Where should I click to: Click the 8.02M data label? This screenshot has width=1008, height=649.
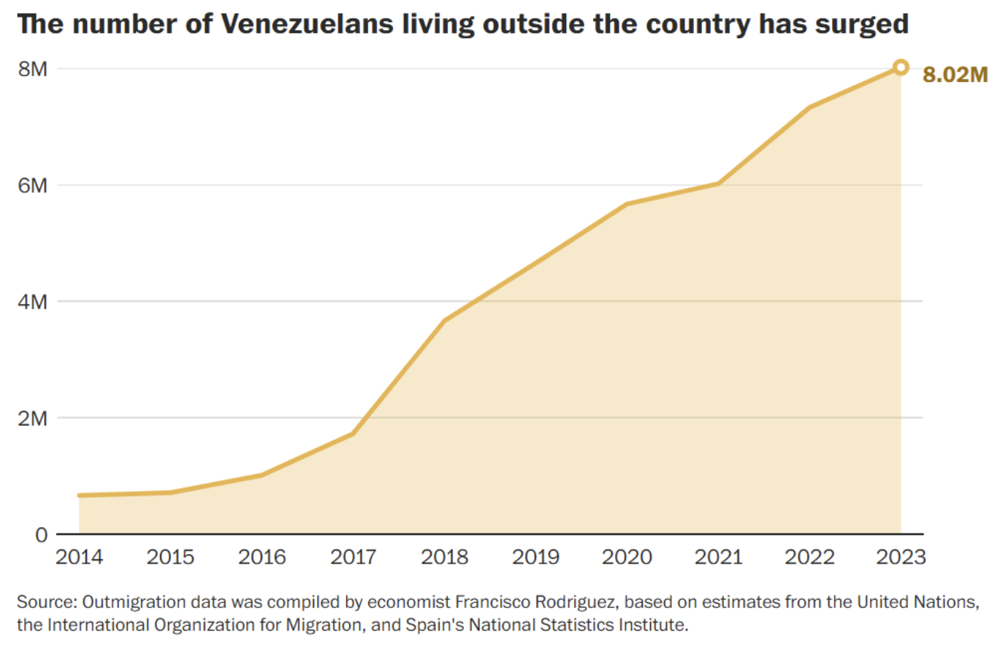[955, 75]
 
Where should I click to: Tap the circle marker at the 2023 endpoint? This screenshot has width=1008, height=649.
[901, 67]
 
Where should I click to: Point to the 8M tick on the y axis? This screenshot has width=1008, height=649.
[33, 69]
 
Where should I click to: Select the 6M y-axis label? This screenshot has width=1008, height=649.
[33, 186]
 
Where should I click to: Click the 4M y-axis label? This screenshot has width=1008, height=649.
[33, 302]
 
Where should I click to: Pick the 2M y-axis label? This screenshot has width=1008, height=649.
[33, 419]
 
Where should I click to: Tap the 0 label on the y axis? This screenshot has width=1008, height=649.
[42, 535]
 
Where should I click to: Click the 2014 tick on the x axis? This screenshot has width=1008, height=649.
[79, 557]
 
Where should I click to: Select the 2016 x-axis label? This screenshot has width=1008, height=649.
[261, 557]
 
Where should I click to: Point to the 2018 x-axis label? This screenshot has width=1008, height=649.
[444, 557]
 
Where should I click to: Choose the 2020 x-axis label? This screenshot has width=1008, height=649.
[627, 557]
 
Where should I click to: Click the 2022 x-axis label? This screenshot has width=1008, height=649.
[809, 557]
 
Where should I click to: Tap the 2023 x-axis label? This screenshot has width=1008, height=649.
[901, 557]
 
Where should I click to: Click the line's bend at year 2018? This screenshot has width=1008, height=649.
[444, 320]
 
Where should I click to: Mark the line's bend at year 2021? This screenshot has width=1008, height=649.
[719, 183]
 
